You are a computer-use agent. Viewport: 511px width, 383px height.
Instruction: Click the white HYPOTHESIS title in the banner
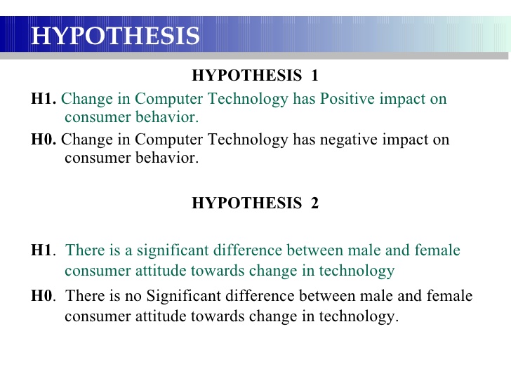pos(115,36)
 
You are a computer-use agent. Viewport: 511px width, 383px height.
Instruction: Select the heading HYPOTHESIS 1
pos(255,75)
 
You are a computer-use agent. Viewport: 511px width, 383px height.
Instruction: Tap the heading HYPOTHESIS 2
pos(255,203)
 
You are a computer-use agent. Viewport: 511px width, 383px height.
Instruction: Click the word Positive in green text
pos(347,98)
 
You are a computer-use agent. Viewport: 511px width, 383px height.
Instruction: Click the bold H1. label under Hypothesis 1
pos(44,98)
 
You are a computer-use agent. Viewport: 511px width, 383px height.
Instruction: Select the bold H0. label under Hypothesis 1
pos(44,139)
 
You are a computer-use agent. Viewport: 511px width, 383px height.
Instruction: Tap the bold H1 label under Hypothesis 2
pos(41,250)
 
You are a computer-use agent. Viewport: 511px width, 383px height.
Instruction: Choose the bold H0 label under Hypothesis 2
pos(41,296)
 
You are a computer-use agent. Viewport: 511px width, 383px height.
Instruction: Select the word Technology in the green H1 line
pos(248,100)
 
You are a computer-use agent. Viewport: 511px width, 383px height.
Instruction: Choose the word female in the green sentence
pos(437,250)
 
